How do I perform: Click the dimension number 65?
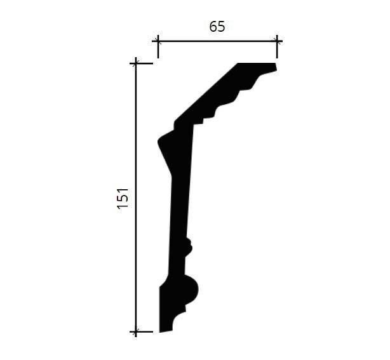[217, 27]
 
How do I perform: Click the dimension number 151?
[123, 198]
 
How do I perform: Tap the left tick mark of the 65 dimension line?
[158, 41]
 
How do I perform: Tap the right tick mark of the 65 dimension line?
[277, 41]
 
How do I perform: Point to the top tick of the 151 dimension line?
[135, 63]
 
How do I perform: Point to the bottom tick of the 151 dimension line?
[135, 331]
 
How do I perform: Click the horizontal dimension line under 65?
[218, 41]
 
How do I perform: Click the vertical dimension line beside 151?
[135, 197]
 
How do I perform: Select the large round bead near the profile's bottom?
[192, 290]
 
